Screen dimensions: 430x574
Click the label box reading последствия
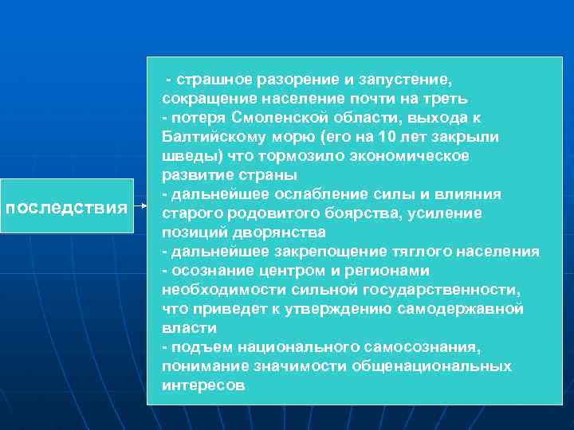tap(67, 208)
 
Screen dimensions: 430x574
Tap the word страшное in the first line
tap(213, 80)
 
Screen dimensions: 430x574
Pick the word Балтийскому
tap(210, 137)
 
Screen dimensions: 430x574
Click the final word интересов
tap(203, 385)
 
